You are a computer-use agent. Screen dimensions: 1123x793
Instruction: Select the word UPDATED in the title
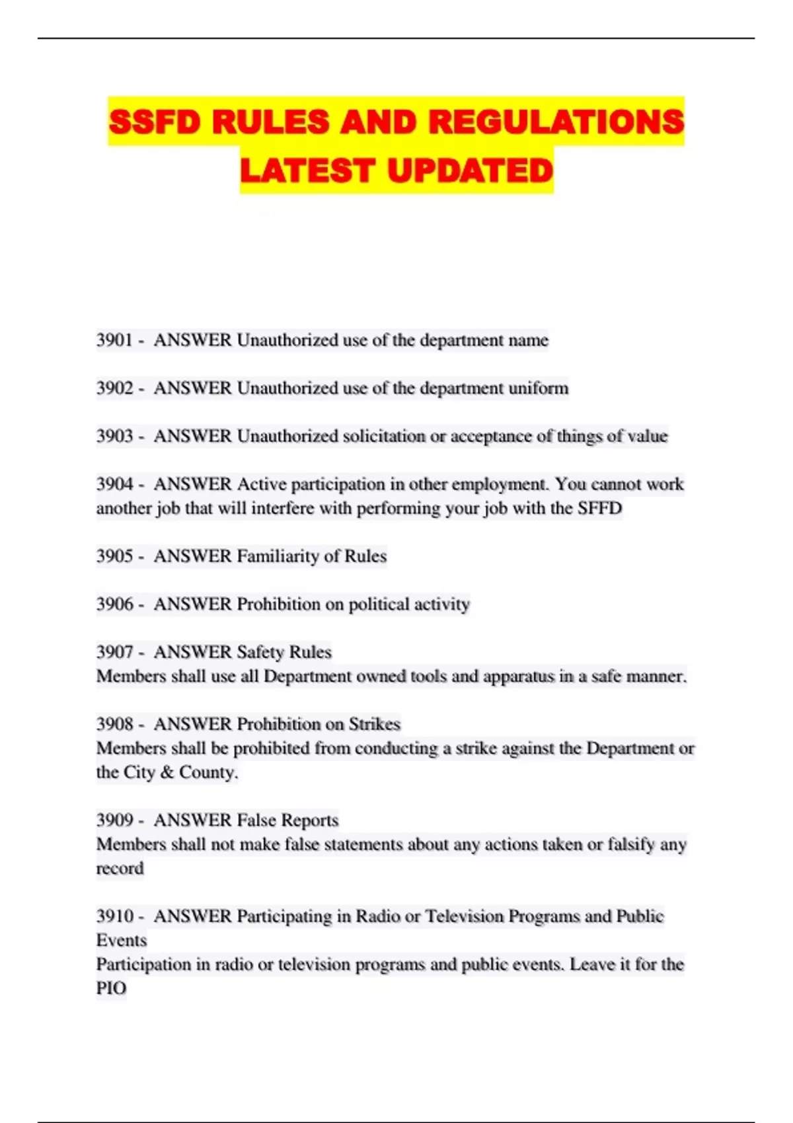click(470, 170)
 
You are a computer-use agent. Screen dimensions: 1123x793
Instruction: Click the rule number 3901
click(114, 340)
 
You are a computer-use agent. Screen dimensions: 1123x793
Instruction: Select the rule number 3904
click(114, 484)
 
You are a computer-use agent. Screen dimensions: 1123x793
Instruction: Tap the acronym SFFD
click(600, 508)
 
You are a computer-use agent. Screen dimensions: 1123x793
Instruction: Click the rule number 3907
click(114, 652)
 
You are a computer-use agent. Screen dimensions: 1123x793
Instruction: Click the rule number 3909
click(114, 820)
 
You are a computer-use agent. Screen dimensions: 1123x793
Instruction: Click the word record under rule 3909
click(120, 869)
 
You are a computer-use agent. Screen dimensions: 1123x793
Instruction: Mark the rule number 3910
click(114, 916)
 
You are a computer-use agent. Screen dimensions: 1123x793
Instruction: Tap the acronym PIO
click(111, 988)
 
